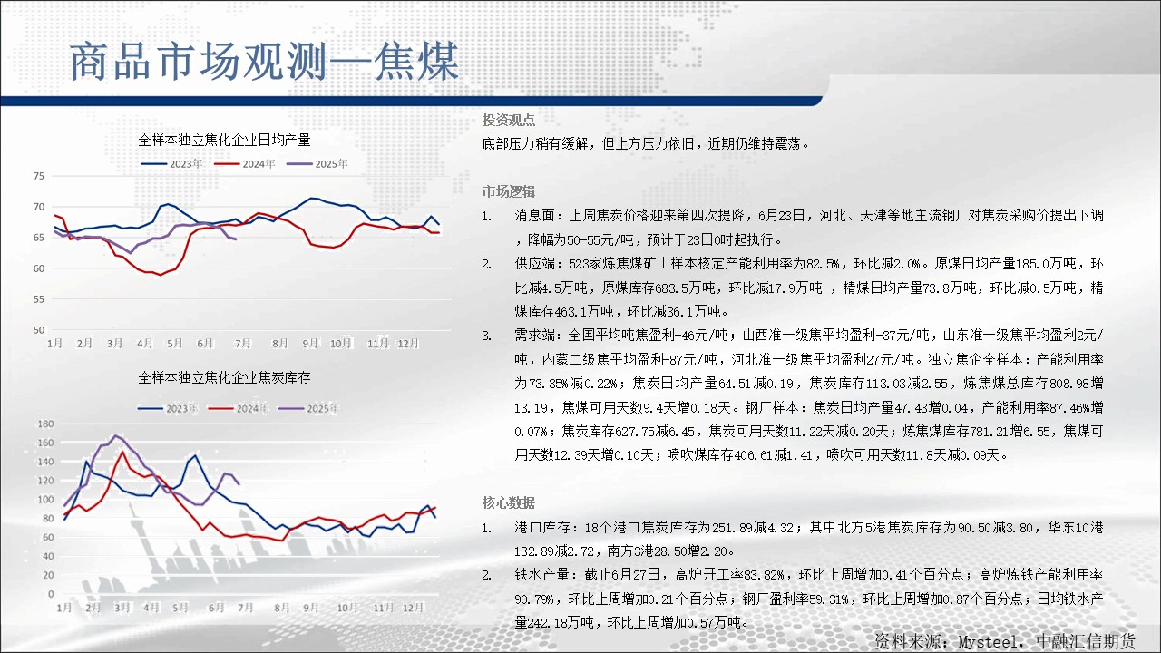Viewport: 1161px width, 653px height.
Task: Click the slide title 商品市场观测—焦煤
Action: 264,62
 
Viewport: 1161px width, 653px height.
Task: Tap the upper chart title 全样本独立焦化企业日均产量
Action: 224,140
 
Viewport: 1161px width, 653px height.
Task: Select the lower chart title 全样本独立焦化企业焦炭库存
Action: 224,378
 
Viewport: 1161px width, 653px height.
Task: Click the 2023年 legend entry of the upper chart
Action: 171,164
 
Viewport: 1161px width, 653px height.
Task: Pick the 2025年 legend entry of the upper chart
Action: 317,164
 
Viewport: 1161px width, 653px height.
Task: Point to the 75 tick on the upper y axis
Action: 39,176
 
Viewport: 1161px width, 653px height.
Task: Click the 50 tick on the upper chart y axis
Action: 39,329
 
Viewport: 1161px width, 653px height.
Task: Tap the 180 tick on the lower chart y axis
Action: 45,424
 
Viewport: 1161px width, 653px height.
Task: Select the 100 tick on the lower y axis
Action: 45,500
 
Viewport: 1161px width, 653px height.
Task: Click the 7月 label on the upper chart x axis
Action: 242,343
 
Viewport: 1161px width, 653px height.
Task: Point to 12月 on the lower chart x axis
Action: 413,608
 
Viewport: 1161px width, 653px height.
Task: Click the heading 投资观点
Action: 509,121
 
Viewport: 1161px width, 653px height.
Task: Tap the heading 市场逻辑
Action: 509,191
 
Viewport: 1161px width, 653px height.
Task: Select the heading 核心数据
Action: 509,502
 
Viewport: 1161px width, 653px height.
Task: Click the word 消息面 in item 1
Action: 534,216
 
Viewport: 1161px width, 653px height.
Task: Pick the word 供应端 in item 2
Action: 534,264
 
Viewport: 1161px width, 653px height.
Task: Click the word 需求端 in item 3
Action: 534,336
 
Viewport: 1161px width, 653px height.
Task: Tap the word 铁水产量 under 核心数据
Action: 541,575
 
